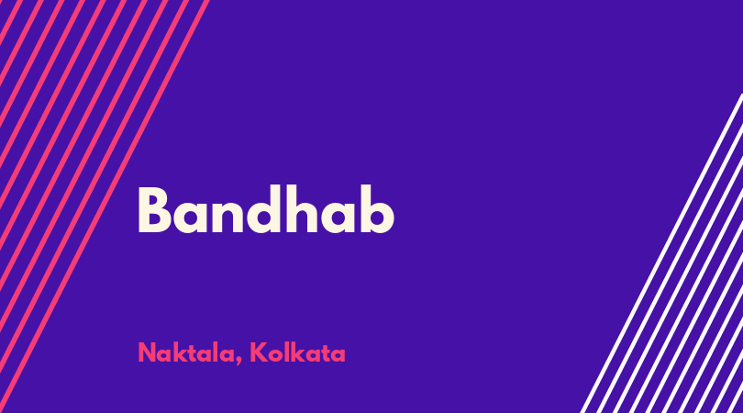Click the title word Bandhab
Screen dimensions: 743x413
266,209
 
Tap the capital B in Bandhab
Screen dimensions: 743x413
154,210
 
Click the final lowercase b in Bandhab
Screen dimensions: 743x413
377,209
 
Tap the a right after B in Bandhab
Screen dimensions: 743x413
190,217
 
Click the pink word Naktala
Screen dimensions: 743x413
187,352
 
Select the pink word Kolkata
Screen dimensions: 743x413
297,352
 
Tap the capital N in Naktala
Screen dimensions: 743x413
147,352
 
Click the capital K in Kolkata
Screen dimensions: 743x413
259,352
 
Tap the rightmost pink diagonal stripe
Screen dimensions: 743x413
105,206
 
